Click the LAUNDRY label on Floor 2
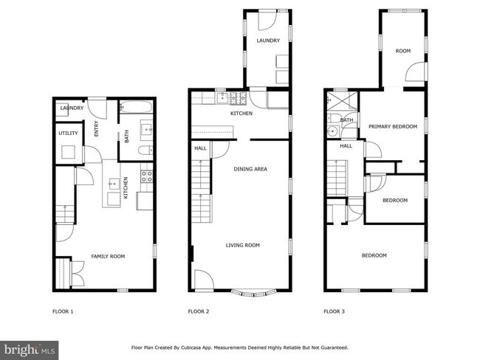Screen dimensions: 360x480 click(268, 41)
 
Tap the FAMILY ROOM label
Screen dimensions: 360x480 click(108, 256)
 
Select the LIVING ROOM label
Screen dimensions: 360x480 click(242, 246)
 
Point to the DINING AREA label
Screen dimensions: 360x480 click(250, 169)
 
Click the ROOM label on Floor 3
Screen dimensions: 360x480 click(402, 51)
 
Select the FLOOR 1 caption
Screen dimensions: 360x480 click(63, 312)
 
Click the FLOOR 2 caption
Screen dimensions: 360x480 click(199, 312)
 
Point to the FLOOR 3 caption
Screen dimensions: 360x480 click(335, 312)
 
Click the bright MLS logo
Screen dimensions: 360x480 click(30, 347)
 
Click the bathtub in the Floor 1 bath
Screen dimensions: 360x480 click(135, 107)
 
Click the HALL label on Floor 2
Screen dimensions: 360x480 click(200, 148)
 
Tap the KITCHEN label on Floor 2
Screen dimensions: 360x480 click(241, 114)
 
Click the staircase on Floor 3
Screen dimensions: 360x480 click(336, 181)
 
